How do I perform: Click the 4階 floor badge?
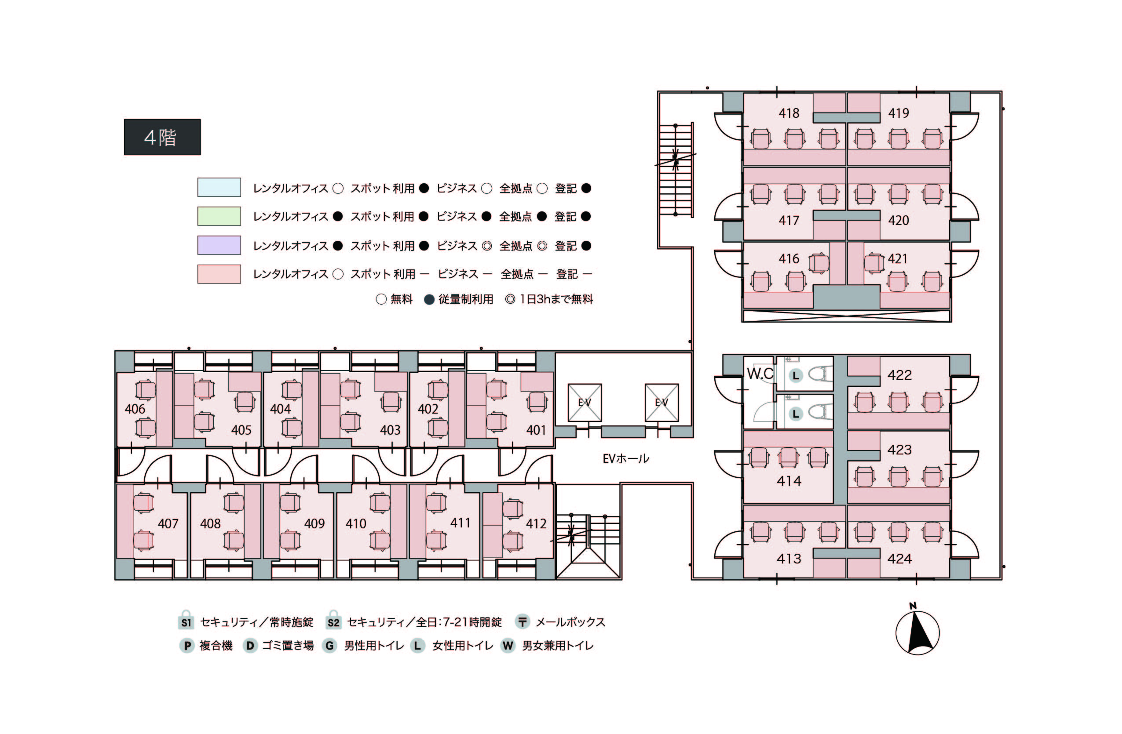click(x=162, y=137)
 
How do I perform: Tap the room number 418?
click(x=789, y=113)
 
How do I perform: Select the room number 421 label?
click(x=898, y=258)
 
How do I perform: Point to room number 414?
click(x=789, y=481)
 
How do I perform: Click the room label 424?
click(x=899, y=559)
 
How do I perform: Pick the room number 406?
click(x=135, y=409)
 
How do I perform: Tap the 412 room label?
click(x=536, y=523)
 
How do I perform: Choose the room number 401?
click(x=536, y=430)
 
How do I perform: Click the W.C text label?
click(x=760, y=374)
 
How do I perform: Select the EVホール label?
click(x=625, y=458)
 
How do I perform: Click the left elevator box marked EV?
click(x=585, y=402)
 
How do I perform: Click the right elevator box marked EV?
click(x=662, y=402)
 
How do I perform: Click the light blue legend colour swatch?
click(x=219, y=187)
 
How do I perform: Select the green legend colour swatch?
click(x=219, y=216)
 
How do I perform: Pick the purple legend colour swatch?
click(x=219, y=245)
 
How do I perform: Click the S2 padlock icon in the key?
click(x=333, y=621)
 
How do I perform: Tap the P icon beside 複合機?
click(x=187, y=645)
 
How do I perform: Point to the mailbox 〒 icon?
click(x=523, y=622)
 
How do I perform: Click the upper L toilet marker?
click(x=796, y=375)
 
